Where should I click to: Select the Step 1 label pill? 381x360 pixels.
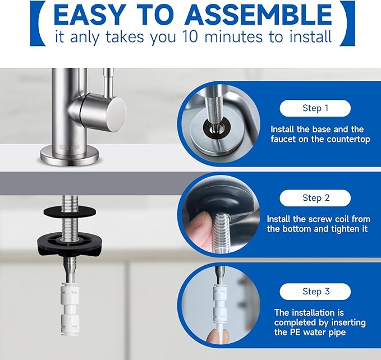coord(315,108)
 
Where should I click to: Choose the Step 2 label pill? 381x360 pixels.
coord(315,197)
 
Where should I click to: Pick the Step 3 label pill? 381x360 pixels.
coord(315,291)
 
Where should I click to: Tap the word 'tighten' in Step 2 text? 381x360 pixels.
coord(334,229)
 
